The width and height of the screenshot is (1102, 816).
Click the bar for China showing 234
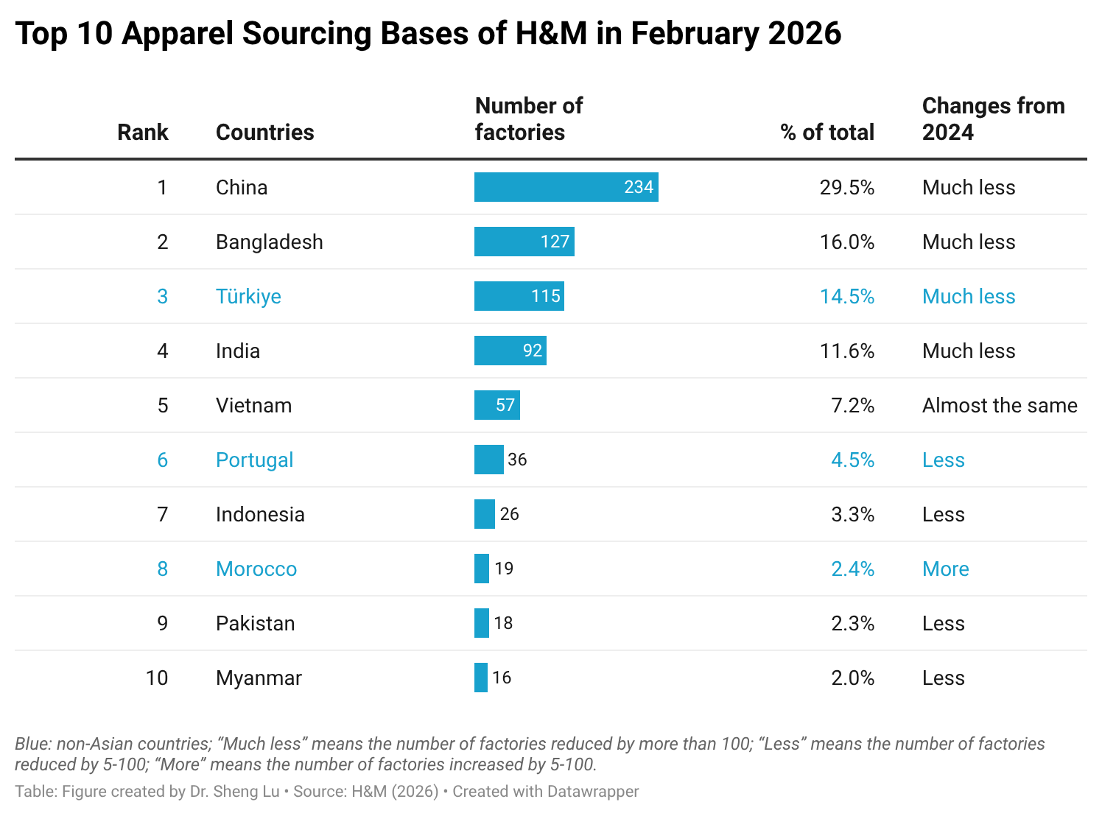coord(566,187)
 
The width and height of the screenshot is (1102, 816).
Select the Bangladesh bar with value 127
coord(524,242)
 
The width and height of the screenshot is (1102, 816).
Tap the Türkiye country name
coord(248,296)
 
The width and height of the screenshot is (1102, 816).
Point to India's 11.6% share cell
coord(846,351)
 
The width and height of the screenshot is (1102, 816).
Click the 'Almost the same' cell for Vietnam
coord(1000,405)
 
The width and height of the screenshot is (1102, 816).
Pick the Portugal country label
coord(254,460)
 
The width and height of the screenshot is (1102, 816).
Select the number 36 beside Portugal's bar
coord(517,460)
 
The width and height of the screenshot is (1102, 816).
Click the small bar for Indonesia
coord(485,514)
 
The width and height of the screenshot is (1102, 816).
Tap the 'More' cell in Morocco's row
coord(945,569)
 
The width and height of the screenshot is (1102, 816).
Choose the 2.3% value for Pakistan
coord(852,623)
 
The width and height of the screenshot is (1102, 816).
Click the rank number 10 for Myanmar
coord(157,678)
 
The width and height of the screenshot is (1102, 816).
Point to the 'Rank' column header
coord(143,132)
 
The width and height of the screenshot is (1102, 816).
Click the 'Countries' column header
coord(265,132)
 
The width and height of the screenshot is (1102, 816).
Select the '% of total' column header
coord(826,132)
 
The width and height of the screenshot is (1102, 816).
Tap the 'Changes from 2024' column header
coord(992,119)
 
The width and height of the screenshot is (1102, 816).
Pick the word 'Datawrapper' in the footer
coord(592,792)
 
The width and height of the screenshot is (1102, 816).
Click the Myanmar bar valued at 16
coord(481,678)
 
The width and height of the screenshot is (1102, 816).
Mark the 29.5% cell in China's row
coord(846,187)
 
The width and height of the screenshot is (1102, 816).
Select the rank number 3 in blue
coord(162,296)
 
